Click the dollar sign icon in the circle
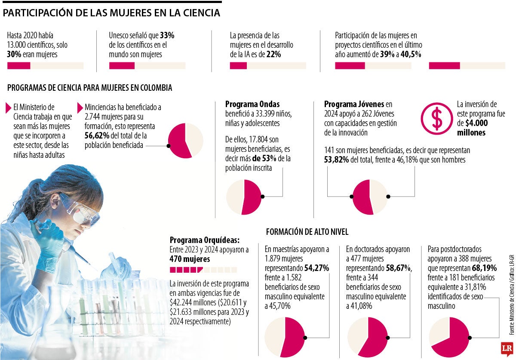[x=436, y=118]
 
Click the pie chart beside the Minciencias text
[x=185, y=141]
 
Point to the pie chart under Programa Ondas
[x=244, y=197]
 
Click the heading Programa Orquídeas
[x=204, y=240]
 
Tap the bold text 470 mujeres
[x=190, y=259]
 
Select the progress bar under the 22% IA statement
[x=268, y=66]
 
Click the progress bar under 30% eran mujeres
[x=45, y=66]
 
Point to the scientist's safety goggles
[x=82, y=210]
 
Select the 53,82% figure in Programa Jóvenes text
[x=336, y=160]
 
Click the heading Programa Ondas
[x=252, y=104]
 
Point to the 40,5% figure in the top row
[x=410, y=54]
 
